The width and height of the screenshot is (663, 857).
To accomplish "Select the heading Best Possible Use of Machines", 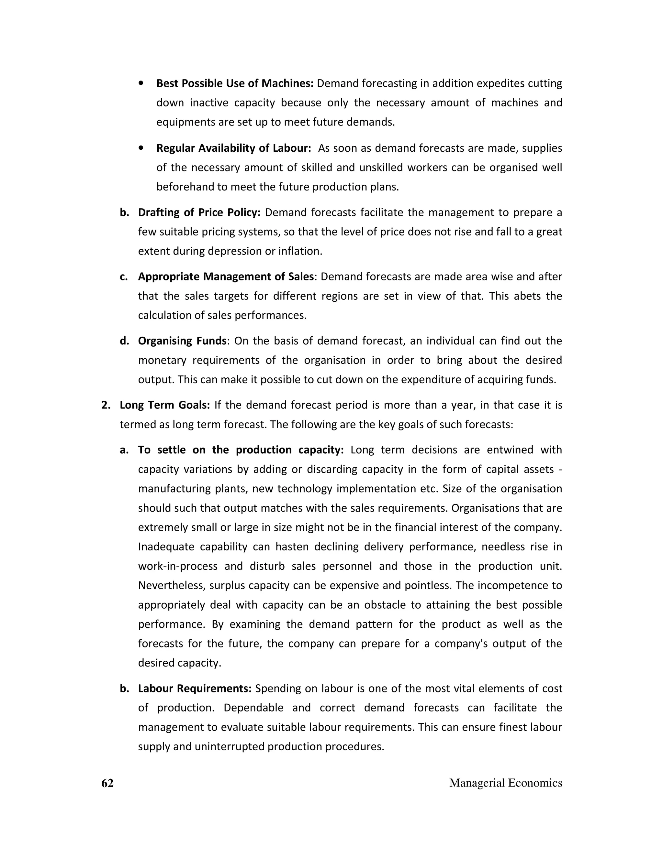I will point(234,83).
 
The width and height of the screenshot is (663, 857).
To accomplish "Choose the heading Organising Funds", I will point(182,341).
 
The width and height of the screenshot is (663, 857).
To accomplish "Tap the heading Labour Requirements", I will point(195,688).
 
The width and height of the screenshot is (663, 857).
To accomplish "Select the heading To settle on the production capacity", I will point(241,450).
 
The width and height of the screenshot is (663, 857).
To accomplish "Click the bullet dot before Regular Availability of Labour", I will point(141,148).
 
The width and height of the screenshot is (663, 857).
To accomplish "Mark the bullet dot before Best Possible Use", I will point(141,83).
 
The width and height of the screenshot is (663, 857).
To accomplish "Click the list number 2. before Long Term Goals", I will point(106,405).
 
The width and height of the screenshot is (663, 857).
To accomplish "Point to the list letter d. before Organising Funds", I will point(124,341).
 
